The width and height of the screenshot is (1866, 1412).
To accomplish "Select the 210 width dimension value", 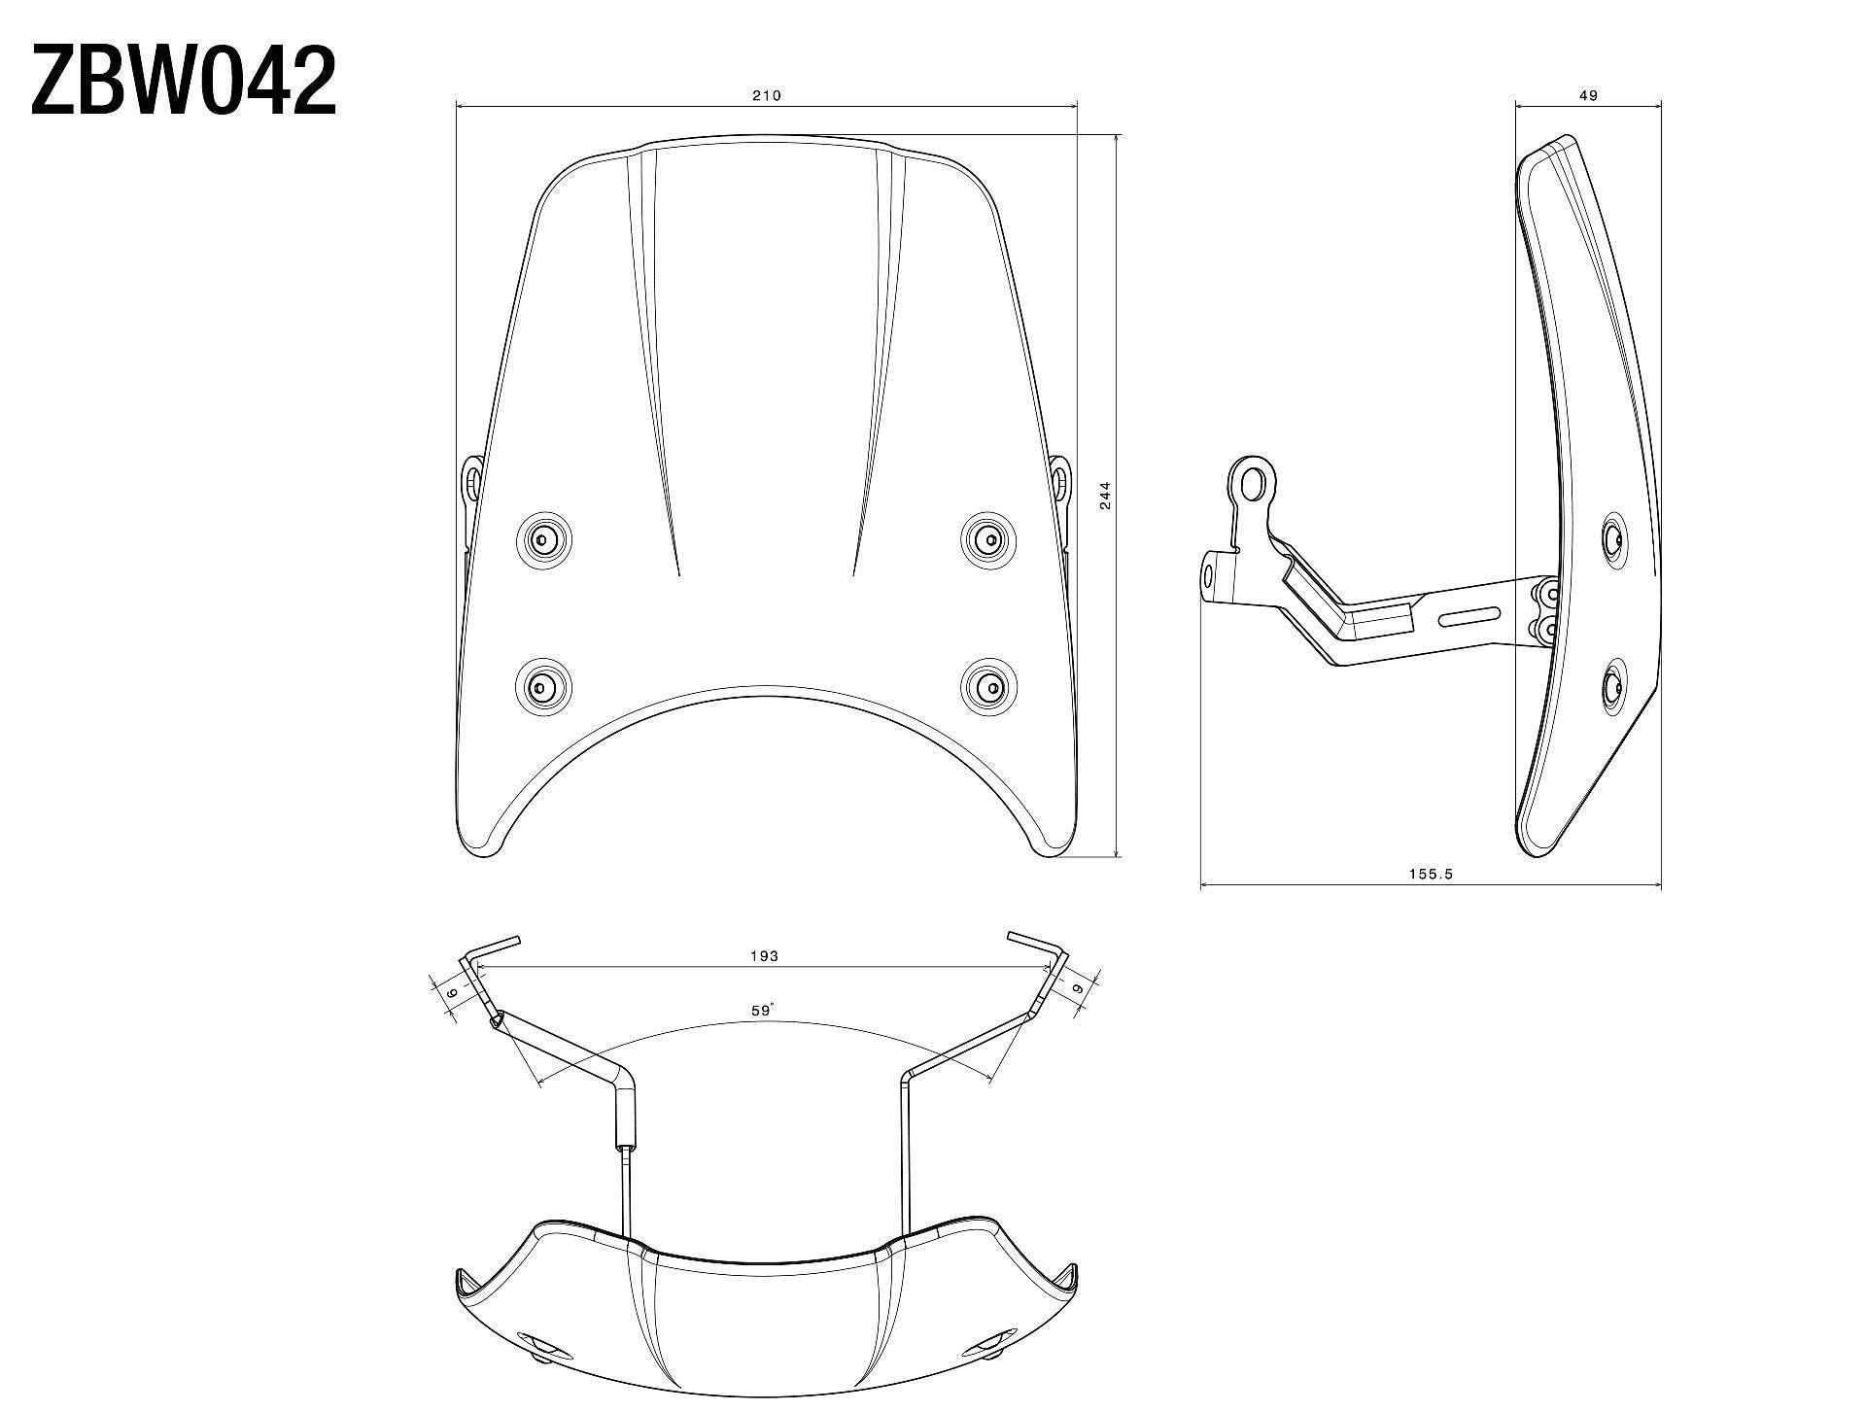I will (x=766, y=95).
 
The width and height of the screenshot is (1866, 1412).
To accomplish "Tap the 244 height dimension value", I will (x=1104, y=496).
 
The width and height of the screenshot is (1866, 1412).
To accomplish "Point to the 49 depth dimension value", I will (x=1588, y=95).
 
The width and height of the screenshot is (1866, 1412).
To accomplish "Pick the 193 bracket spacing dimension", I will (x=764, y=956).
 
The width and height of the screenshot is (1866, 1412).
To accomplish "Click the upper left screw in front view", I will (x=544, y=537).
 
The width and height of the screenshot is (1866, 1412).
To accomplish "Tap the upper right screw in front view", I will (x=988, y=537).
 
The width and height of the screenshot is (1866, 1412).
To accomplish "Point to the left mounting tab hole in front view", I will (x=471, y=477).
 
